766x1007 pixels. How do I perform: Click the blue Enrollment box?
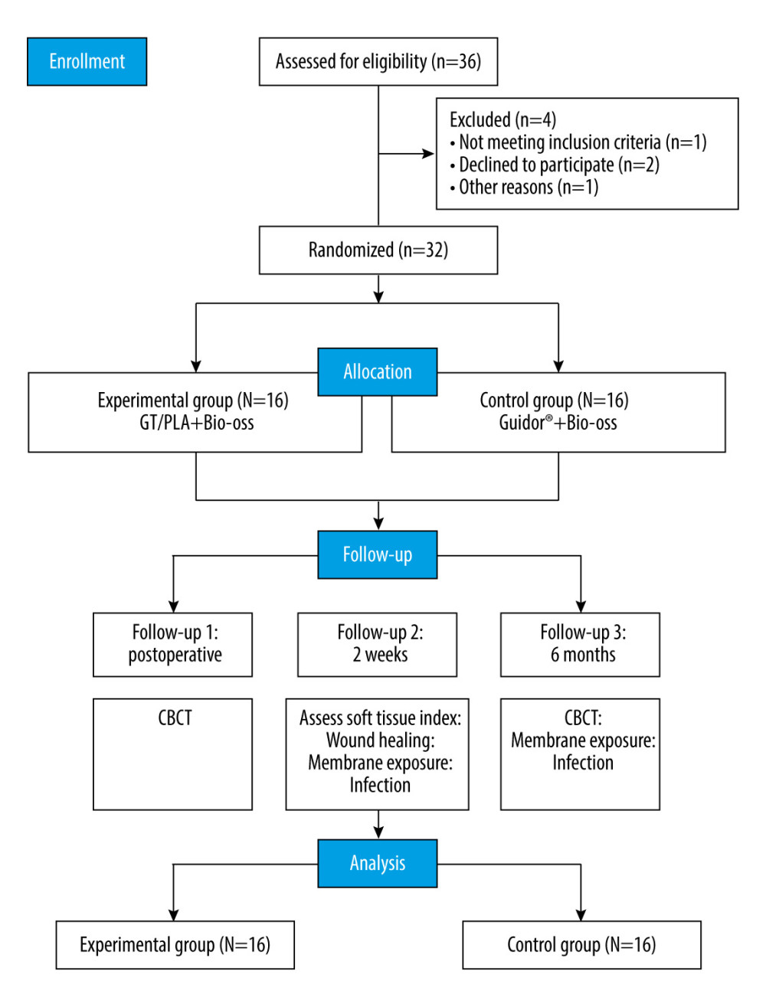tap(87, 61)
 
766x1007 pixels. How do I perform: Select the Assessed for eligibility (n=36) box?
tap(378, 61)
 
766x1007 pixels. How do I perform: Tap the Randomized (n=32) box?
tap(378, 250)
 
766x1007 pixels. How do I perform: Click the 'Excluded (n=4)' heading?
tap(502, 119)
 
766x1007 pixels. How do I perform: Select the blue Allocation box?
tap(378, 371)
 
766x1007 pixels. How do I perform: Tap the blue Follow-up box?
tap(378, 554)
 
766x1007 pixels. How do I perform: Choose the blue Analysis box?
tap(378, 863)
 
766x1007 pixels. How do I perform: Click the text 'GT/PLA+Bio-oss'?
tap(196, 423)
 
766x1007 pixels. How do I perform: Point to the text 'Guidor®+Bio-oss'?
tap(558, 423)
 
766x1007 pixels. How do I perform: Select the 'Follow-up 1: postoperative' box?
tap(172, 644)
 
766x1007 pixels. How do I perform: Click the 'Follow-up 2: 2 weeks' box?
tap(377, 644)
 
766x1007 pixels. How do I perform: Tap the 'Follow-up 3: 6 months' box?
tap(580, 644)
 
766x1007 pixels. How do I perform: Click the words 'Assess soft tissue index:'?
tap(380, 718)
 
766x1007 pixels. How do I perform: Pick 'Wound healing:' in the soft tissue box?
tap(380, 740)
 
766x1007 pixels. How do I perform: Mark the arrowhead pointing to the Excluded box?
tap(428, 154)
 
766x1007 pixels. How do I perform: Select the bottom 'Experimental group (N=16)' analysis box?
tap(175, 945)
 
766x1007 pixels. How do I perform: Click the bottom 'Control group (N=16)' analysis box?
tap(581, 945)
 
